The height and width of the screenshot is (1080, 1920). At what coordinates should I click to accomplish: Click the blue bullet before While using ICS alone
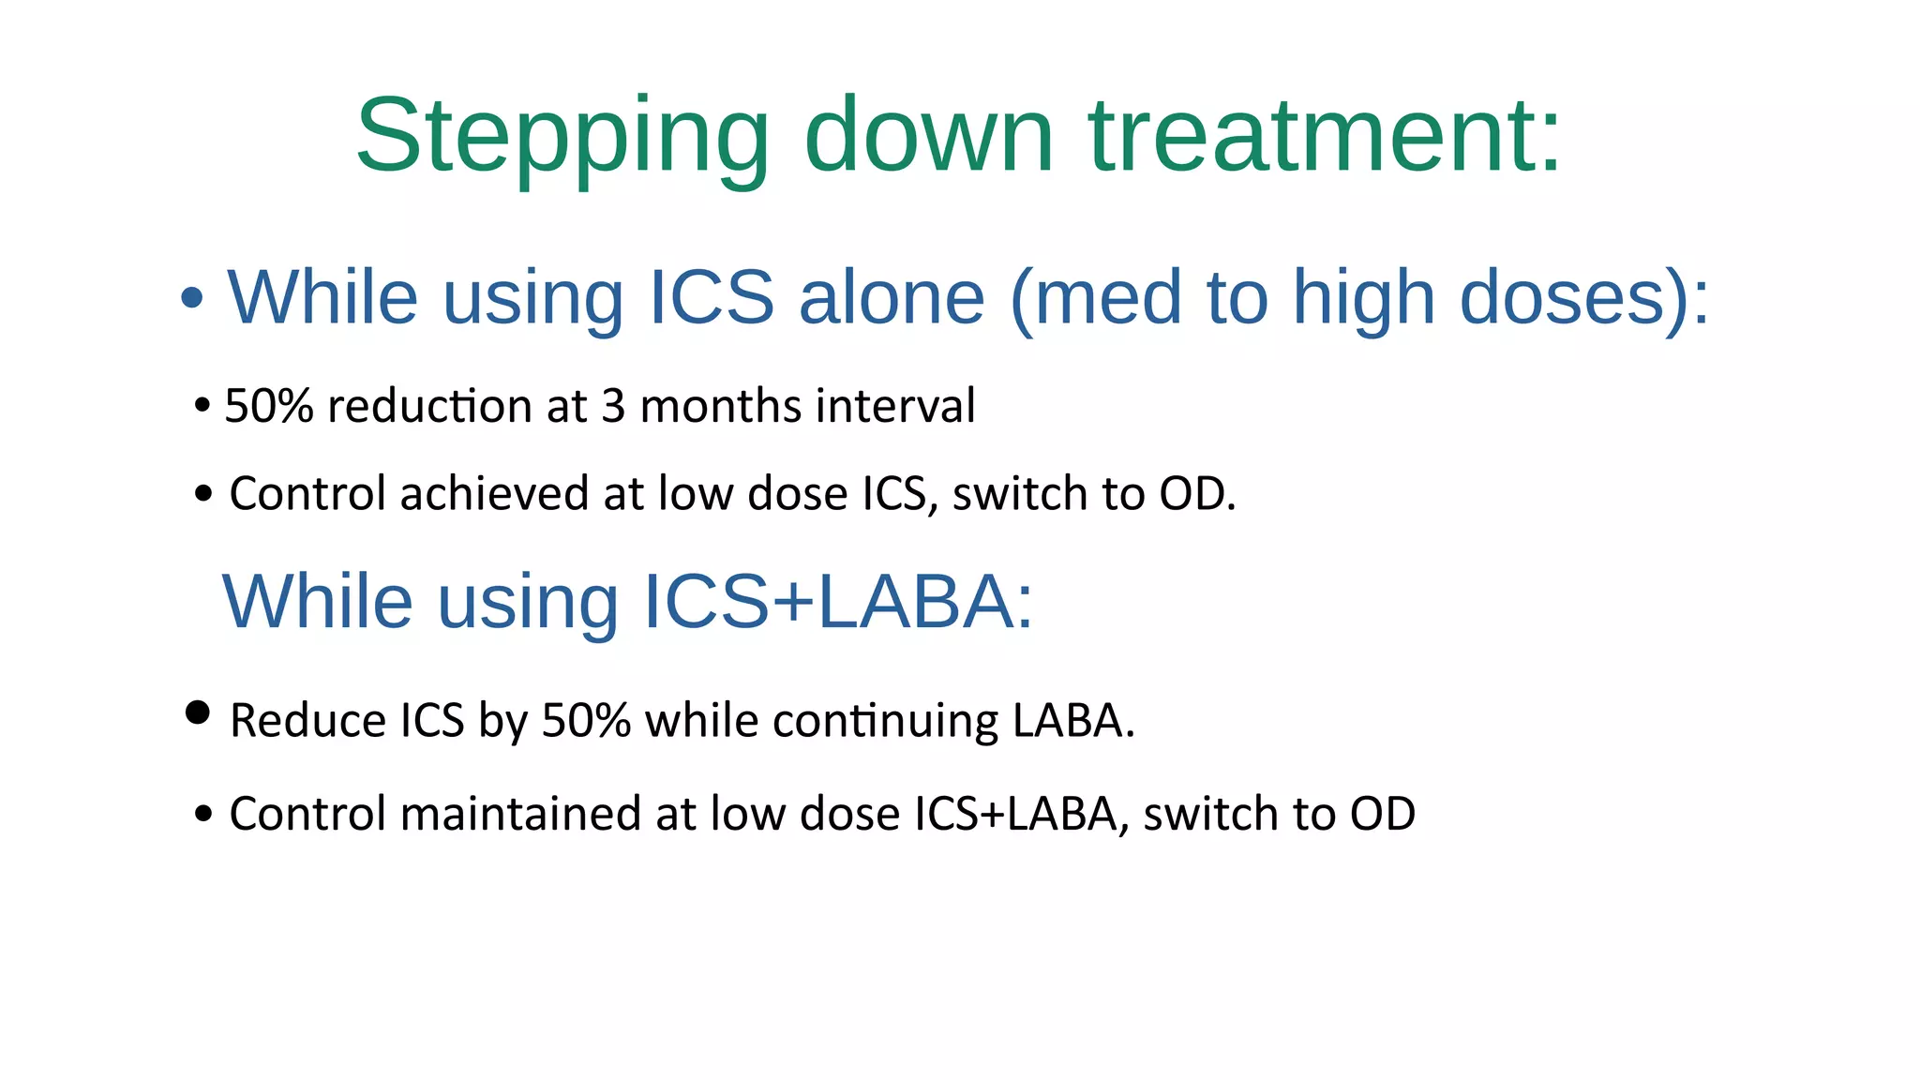[x=192, y=298]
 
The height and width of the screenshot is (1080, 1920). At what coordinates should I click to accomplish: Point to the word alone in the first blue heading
[x=892, y=297]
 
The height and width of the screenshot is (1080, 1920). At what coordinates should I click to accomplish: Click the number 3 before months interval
[x=613, y=406]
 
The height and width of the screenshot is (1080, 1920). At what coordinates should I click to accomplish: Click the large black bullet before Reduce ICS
[x=198, y=712]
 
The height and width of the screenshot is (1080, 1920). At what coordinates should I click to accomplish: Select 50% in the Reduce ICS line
[x=586, y=721]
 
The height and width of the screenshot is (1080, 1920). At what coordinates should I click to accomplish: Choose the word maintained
[x=520, y=814]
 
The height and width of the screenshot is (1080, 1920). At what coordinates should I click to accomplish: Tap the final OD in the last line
[x=1382, y=814]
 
